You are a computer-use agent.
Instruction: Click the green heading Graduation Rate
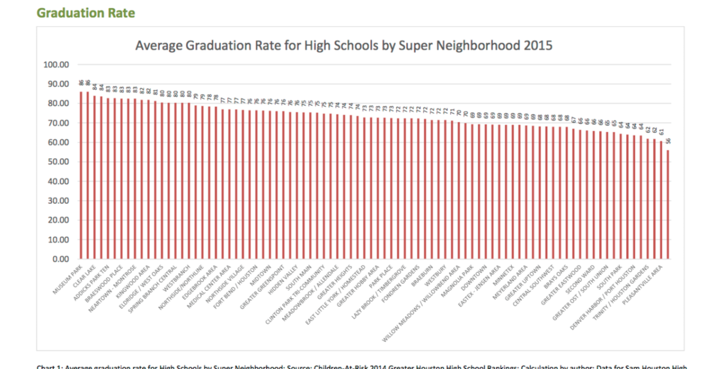(85, 12)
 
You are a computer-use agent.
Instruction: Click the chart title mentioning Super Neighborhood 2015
(344, 45)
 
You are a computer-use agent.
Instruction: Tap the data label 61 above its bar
(661, 133)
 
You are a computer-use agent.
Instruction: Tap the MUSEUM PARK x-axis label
(68, 276)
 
